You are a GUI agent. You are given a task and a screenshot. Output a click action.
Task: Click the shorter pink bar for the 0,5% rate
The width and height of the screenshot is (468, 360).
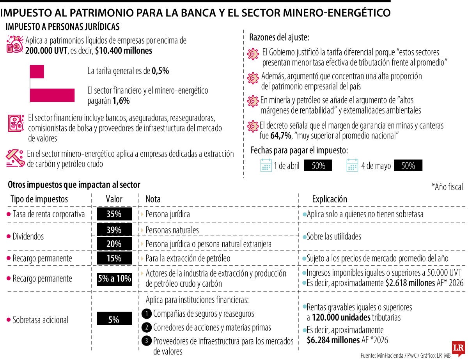click(x=37, y=72)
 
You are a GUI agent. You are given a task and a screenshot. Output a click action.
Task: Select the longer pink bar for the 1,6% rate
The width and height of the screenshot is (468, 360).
click(x=52, y=96)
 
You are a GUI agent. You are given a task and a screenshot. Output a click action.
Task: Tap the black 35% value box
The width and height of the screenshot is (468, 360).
click(x=114, y=214)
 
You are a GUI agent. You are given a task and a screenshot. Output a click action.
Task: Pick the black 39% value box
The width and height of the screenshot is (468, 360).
click(x=114, y=230)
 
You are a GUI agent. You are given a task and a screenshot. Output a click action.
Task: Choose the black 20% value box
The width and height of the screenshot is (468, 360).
click(x=114, y=244)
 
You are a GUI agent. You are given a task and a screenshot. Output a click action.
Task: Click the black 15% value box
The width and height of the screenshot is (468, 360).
click(x=114, y=258)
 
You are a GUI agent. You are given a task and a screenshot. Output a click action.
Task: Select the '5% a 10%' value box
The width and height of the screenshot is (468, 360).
click(x=114, y=279)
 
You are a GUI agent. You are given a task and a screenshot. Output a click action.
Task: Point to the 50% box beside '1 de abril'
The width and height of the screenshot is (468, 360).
click(x=318, y=166)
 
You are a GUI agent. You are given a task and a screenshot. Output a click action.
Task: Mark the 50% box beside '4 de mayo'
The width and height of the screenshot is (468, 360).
click(x=408, y=166)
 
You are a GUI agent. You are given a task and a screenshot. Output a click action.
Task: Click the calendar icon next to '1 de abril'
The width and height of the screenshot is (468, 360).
click(x=266, y=165)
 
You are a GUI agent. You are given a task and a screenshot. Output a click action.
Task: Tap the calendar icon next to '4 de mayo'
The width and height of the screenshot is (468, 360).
click(x=352, y=165)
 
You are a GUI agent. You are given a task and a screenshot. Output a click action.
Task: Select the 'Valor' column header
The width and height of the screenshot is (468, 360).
click(x=114, y=199)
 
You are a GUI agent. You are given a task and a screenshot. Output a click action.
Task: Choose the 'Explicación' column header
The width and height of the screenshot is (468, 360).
click(x=329, y=199)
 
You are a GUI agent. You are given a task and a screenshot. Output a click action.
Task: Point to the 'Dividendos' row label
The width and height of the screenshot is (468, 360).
click(x=28, y=236)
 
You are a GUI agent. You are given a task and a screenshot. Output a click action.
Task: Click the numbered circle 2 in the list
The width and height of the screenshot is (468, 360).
click(x=147, y=327)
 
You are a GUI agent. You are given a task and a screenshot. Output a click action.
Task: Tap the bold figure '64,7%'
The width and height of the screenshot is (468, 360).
click(x=280, y=136)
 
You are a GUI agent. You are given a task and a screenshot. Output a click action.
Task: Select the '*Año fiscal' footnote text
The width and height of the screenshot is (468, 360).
click(x=447, y=187)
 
